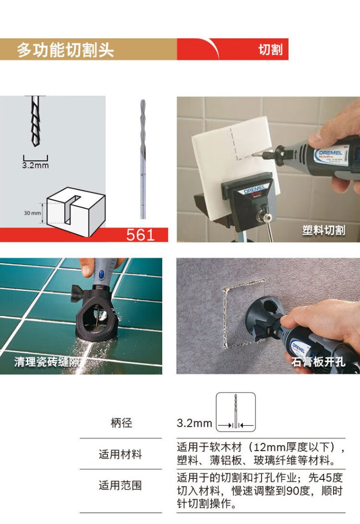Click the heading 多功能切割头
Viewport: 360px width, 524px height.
[x=65, y=50]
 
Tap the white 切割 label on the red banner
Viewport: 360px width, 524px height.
[x=270, y=50]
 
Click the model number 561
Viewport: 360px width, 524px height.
[x=140, y=235]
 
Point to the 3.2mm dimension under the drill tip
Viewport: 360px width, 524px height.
[x=36, y=165]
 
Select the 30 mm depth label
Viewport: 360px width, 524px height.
[x=33, y=213]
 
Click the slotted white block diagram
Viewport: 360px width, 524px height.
[x=76, y=212]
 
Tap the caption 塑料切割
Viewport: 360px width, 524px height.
[x=324, y=230]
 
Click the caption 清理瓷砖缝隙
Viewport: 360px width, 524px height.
[x=46, y=362]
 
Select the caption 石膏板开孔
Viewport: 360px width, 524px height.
[x=318, y=362]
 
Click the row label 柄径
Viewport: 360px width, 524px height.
[x=121, y=423]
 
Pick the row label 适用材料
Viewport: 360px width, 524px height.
[x=120, y=454]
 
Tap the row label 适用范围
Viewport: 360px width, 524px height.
[x=120, y=485]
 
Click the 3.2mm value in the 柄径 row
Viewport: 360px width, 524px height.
[x=194, y=423]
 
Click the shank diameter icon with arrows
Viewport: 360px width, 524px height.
[x=236, y=412]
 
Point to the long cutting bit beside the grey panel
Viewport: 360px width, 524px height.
[x=143, y=159]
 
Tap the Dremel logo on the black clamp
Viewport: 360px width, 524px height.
[x=253, y=191]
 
